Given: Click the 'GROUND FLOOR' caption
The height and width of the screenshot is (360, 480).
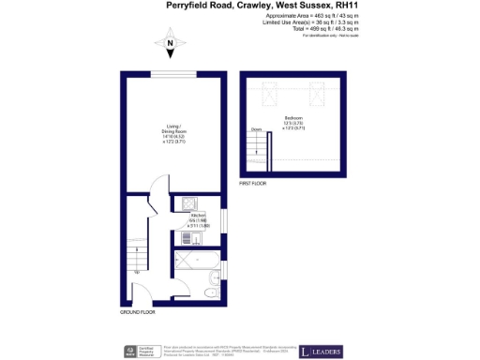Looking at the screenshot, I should (x=138, y=312).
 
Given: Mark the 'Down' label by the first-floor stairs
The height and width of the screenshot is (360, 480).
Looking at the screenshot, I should (x=256, y=129).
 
